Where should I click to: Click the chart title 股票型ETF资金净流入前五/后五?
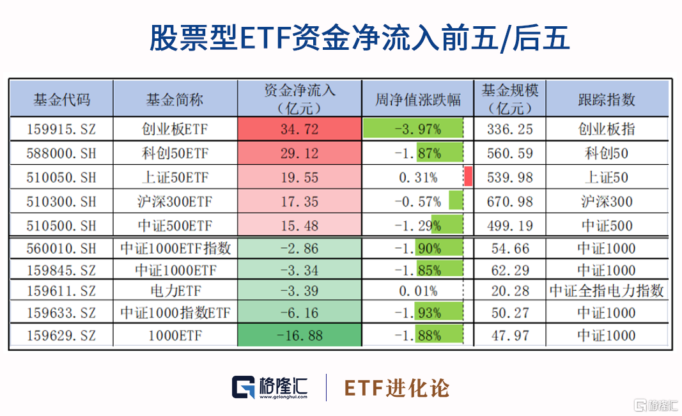point(359,38)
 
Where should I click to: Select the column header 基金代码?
point(61,100)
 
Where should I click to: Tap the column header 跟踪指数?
point(607,100)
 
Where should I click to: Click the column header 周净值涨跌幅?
point(418,100)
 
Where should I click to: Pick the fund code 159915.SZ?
point(61,130)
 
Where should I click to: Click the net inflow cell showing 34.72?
point(299,130)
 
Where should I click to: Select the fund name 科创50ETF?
point(175,153)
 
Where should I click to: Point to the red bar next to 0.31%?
point(469,177)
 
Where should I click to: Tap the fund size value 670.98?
point(509,201)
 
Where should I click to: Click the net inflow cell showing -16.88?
point(299,335)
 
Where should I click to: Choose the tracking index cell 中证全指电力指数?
point(607,291)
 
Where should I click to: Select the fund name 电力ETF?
point(175,291)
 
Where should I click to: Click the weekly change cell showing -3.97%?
point(418,130)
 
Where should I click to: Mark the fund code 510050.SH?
point(61,178)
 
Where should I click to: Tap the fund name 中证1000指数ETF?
point(175,313)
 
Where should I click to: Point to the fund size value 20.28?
point(509,291)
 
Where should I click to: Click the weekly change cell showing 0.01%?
point(418,291)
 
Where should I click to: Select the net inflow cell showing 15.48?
point(299,226)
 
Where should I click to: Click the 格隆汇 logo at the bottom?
point(270,387)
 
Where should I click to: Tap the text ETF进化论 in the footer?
point(397,388)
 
